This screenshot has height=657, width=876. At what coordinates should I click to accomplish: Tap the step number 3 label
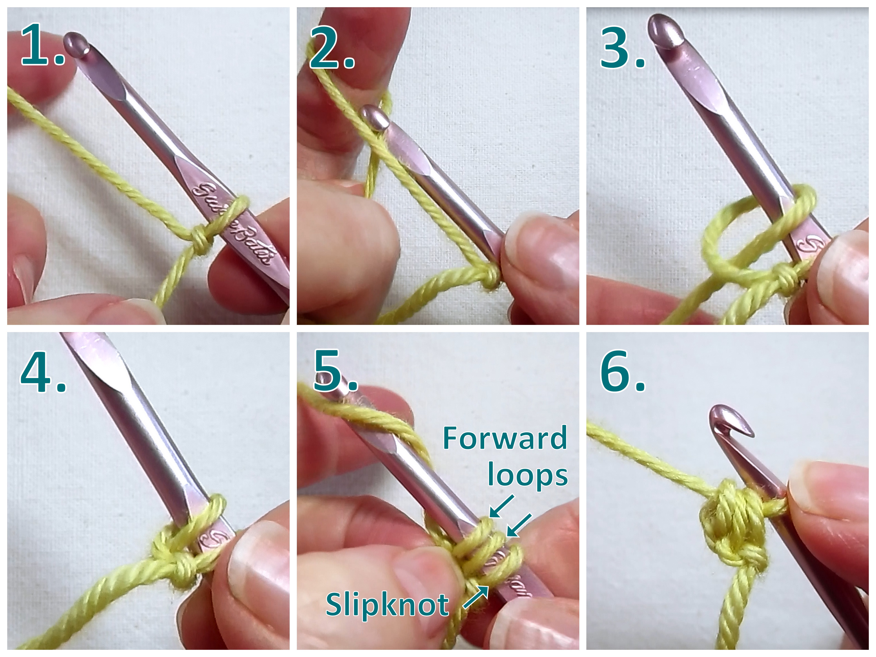[622, 48]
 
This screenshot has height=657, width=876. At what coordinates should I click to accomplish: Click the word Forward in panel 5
[505, 438]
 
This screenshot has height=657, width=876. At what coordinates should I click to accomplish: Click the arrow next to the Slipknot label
[475, 597]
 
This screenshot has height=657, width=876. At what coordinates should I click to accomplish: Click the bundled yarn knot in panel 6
[733, 527]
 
